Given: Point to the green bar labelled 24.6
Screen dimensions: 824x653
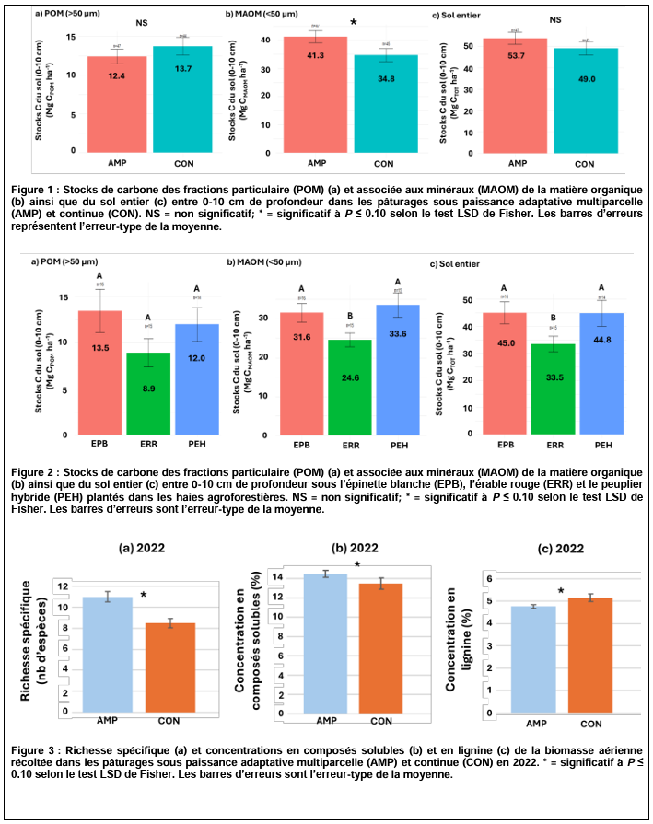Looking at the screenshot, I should coord(349,387).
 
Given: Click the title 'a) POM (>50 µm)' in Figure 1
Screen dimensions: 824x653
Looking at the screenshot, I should coord(67,16).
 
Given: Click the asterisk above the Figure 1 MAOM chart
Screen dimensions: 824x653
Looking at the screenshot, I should coord(353,22).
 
